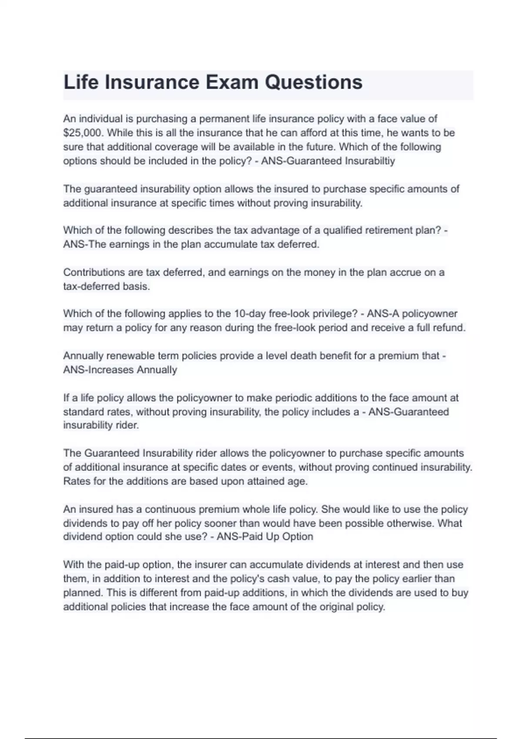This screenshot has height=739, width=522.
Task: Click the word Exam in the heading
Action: point(231,82)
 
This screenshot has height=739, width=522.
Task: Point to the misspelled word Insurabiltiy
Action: point(370,161)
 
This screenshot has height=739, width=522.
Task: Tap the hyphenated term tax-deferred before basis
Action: point(89,286)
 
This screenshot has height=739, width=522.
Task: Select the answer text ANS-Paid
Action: point(235,536)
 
